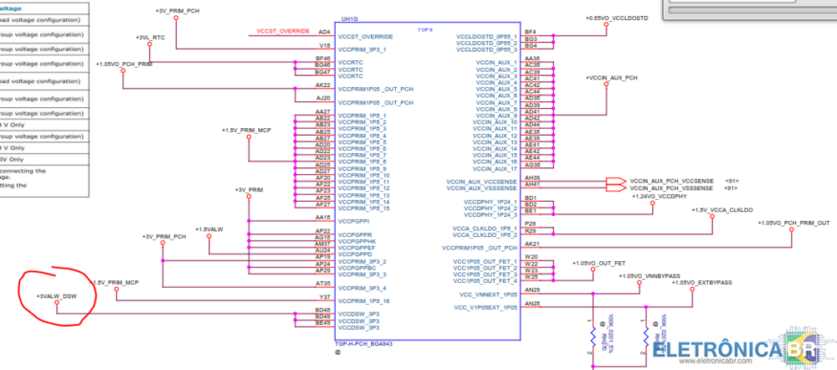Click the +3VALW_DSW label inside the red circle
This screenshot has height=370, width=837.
[57, 296]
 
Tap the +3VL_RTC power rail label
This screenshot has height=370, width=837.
[151, 38]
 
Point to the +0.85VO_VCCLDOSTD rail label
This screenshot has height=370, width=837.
[620, 18]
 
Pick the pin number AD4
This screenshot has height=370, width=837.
[325, 32]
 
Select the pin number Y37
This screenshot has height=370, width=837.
[324, 294]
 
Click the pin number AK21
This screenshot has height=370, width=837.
[531, 244]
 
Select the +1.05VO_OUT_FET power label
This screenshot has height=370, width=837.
[598, 263]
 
